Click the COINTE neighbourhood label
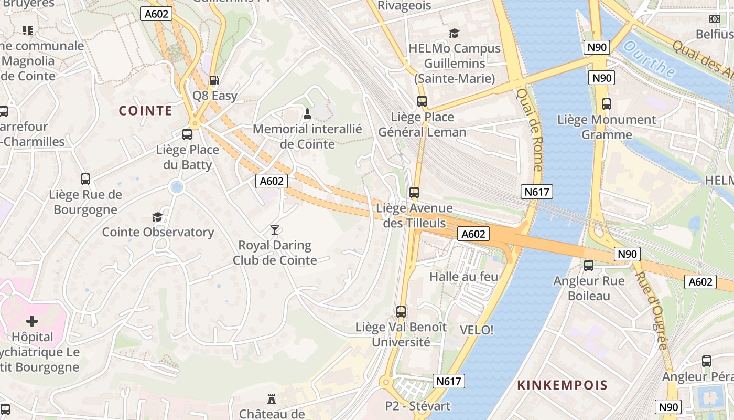coord(145,111)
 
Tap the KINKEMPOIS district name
coord(562,385)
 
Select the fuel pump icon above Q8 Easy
coord(214,80)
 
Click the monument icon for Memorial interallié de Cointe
coord(307,113)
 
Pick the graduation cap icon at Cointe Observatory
coord(157,217)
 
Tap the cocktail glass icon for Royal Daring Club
coord(274,230)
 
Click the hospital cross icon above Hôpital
coord(32,321)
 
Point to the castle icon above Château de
coord(271,399)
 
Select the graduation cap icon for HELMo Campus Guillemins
coord(454,33)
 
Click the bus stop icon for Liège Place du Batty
coord(187,134)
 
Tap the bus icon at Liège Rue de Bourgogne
coord(85,179)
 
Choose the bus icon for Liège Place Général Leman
coord(422,101)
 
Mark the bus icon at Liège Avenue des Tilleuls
coord(414,193)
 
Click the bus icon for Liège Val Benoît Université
coord(401,311)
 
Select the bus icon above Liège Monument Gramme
coord(607,104)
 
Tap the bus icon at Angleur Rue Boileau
coord(589,266)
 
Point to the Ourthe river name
coord(650,60)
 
